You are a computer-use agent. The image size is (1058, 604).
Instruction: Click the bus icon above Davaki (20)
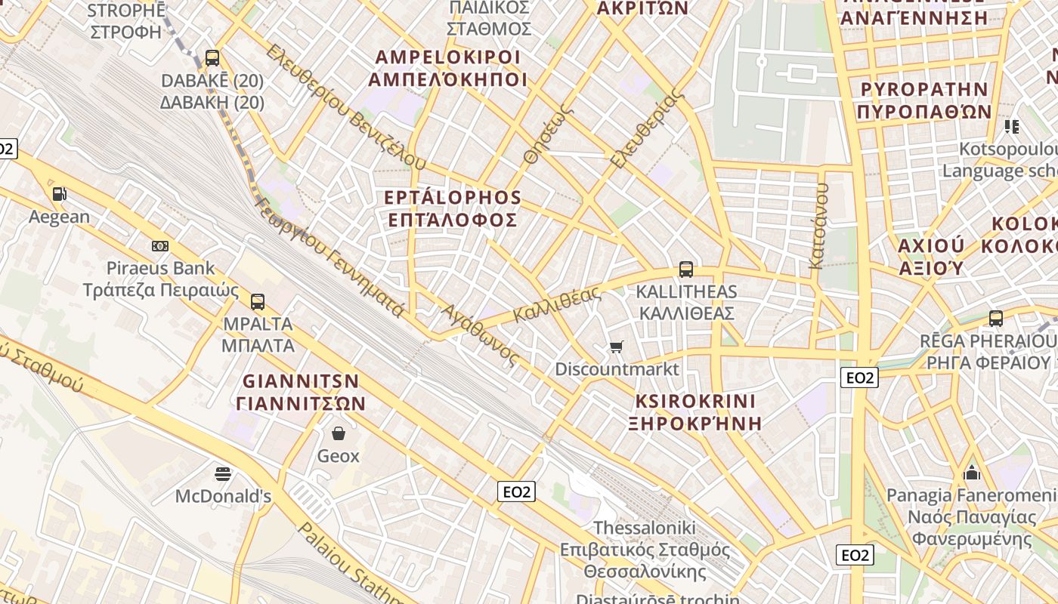coord(212,58)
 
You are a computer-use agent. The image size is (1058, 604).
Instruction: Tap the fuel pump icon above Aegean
coord(59,194)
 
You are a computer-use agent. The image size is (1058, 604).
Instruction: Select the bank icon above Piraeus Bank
coord(160,246)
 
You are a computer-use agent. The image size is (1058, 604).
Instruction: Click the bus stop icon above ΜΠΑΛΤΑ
coord(258,302)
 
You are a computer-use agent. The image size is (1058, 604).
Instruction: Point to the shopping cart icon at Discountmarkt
coord(617,347)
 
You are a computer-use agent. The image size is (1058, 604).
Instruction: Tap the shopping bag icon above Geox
coord(338,433)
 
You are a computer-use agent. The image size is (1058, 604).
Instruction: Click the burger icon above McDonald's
coord(223,474)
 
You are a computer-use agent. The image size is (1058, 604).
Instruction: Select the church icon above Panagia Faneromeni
coord(972,473)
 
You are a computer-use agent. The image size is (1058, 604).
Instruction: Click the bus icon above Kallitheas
coord(686,269)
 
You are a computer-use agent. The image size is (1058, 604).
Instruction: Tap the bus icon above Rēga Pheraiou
coord(996,319)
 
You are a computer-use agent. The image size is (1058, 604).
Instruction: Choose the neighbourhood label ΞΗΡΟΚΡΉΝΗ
coord(695,423)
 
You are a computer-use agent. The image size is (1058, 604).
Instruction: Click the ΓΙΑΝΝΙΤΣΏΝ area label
coord(301,403)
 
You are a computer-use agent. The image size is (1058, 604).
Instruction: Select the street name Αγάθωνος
coord(481,334)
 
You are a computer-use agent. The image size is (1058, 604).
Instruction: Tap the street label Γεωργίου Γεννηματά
coord(329,257)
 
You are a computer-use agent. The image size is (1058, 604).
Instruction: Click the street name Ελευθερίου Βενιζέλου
coord(346,107)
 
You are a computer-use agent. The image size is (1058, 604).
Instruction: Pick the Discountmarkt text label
coord(617,369)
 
